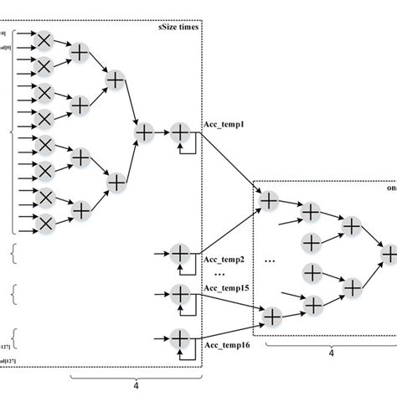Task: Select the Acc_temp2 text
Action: point(223,260)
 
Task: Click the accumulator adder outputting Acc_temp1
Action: point(180,131)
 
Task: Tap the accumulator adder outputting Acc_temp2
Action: point(180,251)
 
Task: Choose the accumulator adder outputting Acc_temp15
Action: point(180,294)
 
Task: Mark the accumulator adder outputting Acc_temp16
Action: point(180,338)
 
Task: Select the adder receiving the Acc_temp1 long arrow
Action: point(269,200)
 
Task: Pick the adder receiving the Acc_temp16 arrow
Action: point(272,316)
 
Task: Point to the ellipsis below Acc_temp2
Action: point(220,274)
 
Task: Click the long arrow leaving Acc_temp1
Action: point(229,159)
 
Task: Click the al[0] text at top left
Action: point(5,48)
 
